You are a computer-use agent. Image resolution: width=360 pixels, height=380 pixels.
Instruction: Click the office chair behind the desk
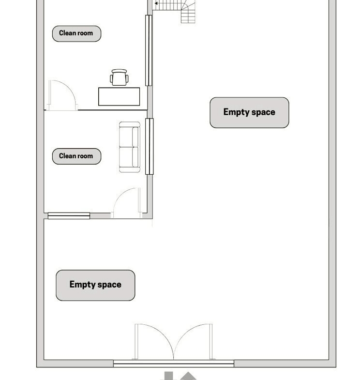pyautogui.click(x=119, y=77)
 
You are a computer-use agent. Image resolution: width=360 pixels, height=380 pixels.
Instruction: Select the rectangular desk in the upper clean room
pyautogui.click(x=119, y=96)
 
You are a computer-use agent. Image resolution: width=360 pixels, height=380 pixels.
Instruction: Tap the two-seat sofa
pyautogui.click(x=129, y=147)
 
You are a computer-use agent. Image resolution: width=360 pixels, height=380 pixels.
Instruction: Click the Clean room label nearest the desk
pyautogui.click(x=76, y=33)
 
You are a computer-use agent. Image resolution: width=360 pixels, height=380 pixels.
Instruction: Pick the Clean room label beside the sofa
pyautogui.click(x=76, y=156)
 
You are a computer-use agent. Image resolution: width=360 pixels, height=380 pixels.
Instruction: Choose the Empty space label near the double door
pyautogui.click(x=95, y=285)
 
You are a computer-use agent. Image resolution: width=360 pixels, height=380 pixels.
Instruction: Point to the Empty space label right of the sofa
pyautogui.click(x=249, y=112)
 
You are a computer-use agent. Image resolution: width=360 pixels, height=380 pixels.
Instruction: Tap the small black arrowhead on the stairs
pyautogui.click(x=156, y=3)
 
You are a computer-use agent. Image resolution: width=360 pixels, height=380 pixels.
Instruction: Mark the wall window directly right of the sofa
pyautogui.click(x=149, y=146)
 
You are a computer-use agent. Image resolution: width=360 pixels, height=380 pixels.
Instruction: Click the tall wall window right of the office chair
pyautogui.click(x=149, y=50)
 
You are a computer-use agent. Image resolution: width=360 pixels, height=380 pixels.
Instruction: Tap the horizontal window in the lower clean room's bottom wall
pyautogui.click(x=69, y=216)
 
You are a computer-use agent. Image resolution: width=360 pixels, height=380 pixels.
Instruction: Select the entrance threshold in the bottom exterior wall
pyautogui.click(x=173, y=363)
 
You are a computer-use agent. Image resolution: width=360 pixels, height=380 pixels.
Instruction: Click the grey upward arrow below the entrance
pyautogui.click(x=188, y=376)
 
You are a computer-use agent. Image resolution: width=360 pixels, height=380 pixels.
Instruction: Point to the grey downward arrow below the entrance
pyautogui.click(x=169, y=376)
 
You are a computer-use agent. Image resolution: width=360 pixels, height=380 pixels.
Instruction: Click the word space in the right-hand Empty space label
pyautogui.click(x=263, y=112)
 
